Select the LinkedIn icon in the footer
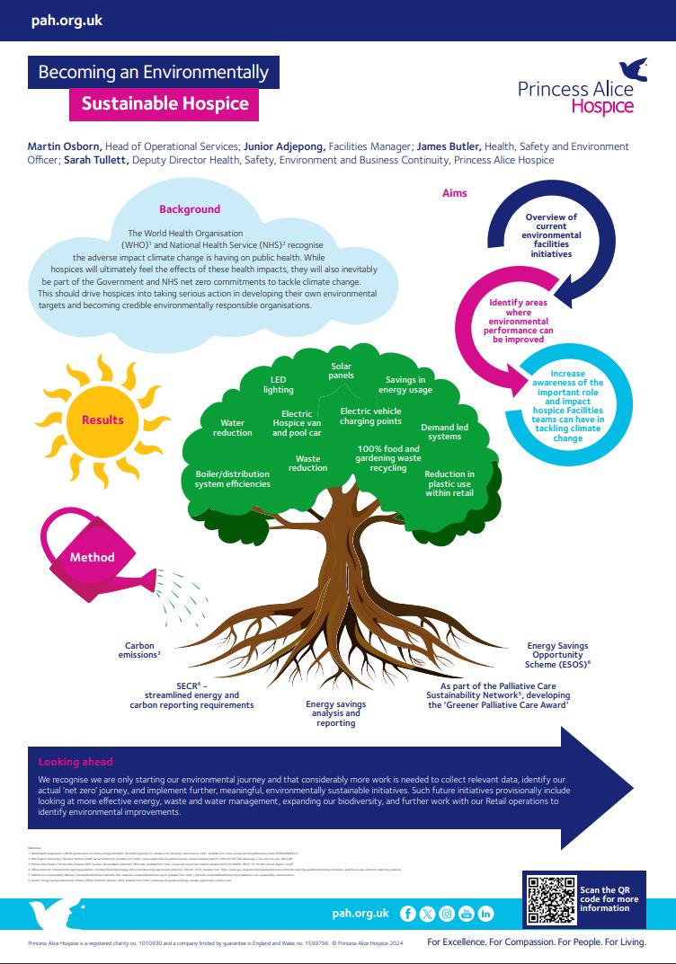[x=485, y=913]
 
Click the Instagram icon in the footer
[x=446, y=913]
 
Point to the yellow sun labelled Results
[x=102, y=420]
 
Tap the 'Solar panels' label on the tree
[x=341, y=371]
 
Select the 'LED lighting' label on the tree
[x=278, y=385]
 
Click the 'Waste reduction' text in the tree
[x=307, y=463]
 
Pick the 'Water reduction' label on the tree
[x=233, y=428]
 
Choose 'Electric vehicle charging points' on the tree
[x=370, y=415]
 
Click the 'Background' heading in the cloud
[x=190, y=209]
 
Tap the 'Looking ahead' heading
[x=76, y=762]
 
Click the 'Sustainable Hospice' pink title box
[x=165, y=103]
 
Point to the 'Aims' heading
[x=455, y=193]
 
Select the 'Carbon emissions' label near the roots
[x=143, y=650]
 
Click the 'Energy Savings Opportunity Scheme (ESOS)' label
[x=558, y=656]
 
